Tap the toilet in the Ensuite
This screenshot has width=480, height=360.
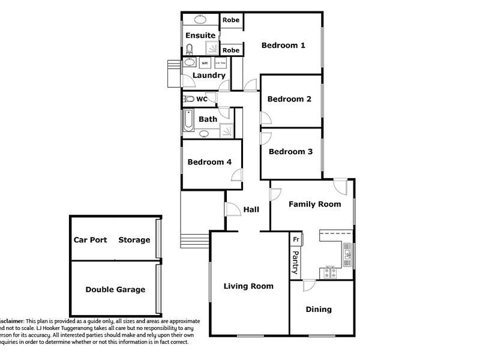188,49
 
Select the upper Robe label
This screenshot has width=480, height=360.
231,20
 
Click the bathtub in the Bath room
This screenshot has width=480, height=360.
188,120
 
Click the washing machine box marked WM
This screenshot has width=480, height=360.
204,63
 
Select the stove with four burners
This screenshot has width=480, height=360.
329,273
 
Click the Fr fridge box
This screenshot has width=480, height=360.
296,239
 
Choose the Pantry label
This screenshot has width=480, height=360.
295,263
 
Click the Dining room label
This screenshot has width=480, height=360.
319,310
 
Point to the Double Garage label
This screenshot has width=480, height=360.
115,290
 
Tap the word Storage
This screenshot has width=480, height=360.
134,240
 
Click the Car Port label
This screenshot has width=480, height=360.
90,240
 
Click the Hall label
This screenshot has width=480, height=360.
251,210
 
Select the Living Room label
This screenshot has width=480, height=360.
248,286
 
